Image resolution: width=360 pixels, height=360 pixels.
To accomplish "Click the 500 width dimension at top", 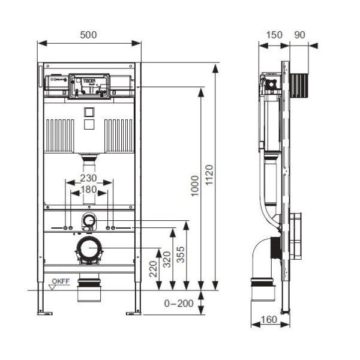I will pyautogui.click(x=89, y=35).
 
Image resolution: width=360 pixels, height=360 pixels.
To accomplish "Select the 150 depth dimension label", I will pyautogui.click(x=274, y=35).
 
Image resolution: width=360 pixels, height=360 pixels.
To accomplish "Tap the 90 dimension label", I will pyautogui.click(x=299, y=35).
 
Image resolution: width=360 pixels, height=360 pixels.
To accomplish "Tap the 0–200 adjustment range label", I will pyautogui.click(x=179, y=304).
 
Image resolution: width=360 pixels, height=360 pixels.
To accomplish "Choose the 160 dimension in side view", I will pyautogui.click(x=269, y=319).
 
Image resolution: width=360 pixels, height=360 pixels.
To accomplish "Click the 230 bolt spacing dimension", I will pyautogui.click(x=89, y=178).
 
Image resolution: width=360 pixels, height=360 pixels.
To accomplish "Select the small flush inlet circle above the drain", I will pyautogui.click(x=89, y=220).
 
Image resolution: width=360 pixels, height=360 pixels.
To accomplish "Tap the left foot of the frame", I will pyautogui.click(x=44, y=311).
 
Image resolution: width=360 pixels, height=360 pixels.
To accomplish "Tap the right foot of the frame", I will pyautogui.click(x=133, y=311).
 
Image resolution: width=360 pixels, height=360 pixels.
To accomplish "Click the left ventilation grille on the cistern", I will pyautogui.click(x=59, y=134).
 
